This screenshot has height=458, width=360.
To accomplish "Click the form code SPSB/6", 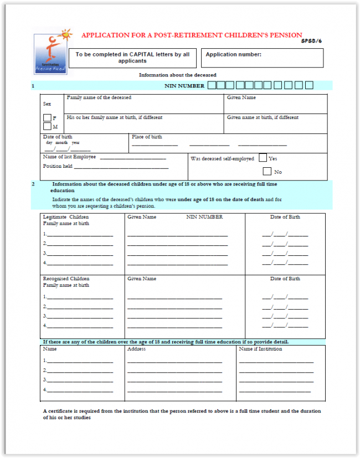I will [312, 41].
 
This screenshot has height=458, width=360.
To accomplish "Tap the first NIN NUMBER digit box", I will [211, 85].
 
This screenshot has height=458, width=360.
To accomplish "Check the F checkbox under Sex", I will [47, 117].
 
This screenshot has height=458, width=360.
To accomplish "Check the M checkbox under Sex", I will [47, 126].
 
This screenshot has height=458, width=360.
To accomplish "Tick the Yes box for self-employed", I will [263, 158].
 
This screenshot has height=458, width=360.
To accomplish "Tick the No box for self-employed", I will [267, 172].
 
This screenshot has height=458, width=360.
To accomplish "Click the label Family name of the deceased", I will [99, 98].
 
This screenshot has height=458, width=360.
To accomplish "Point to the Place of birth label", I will [147, 137].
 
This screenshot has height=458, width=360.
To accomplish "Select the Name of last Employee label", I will [69, 157].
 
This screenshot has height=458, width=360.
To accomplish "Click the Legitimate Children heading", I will [66, 217].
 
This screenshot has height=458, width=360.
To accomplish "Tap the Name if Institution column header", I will [260, 349].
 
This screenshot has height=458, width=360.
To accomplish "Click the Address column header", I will [136, 349].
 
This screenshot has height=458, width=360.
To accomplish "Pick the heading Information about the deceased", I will [177, 75].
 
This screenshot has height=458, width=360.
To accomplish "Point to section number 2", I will [33, 184].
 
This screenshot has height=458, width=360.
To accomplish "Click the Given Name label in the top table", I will [241, 98].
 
